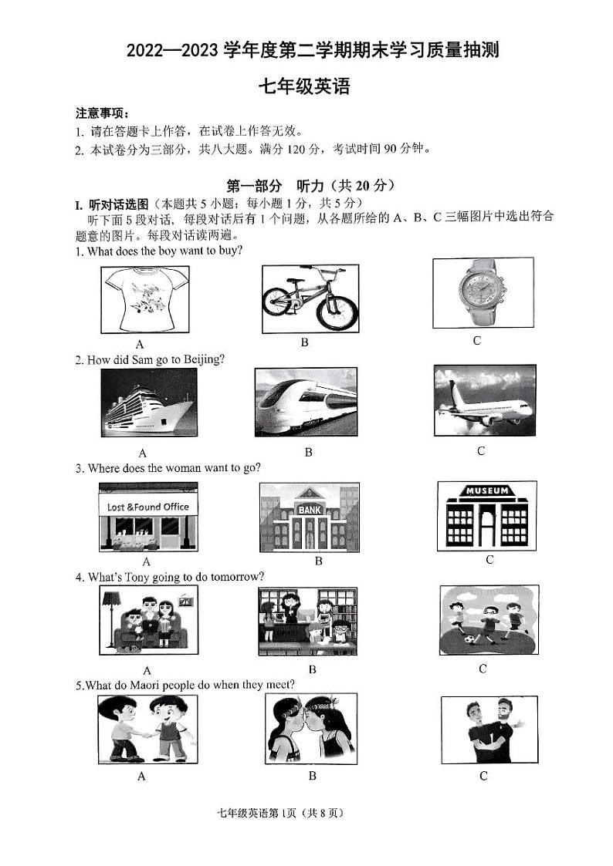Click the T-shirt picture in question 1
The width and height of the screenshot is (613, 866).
145,300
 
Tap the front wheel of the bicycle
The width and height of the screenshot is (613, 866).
338,310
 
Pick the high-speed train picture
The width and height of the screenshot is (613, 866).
306,402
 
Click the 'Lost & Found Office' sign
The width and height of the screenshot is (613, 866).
147,507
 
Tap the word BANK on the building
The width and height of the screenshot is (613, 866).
309,510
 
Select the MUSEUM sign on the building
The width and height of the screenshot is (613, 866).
486,490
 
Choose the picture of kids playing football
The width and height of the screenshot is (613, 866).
488,619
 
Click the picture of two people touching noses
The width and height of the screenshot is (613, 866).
310,728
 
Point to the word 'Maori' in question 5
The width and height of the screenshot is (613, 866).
154,684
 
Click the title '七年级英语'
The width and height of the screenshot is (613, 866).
306,86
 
